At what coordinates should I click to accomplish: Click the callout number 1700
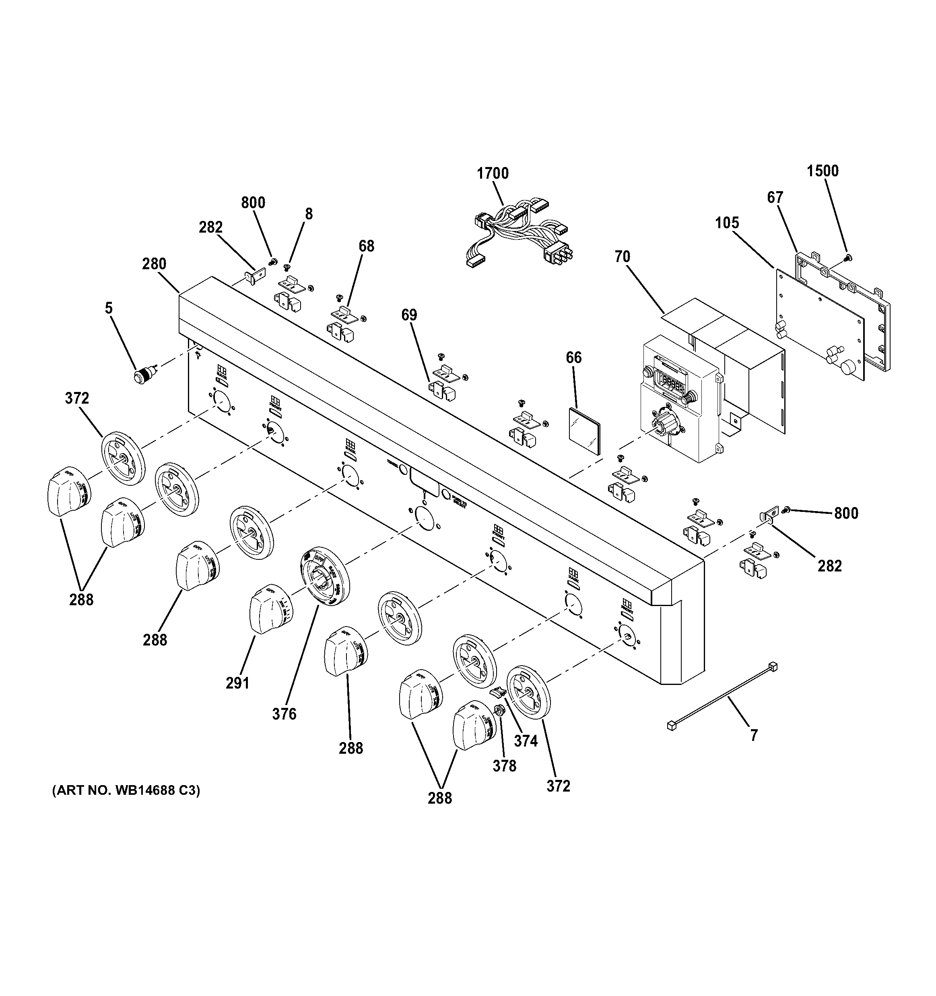(493, 173)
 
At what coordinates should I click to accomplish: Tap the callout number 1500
(822, 171)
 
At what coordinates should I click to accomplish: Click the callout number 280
(154, 264)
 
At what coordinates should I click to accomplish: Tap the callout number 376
(284, 713)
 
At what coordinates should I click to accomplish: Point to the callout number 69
(409, 315)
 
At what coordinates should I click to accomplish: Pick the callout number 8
(309, 214)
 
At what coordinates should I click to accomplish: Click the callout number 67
(775, 198)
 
